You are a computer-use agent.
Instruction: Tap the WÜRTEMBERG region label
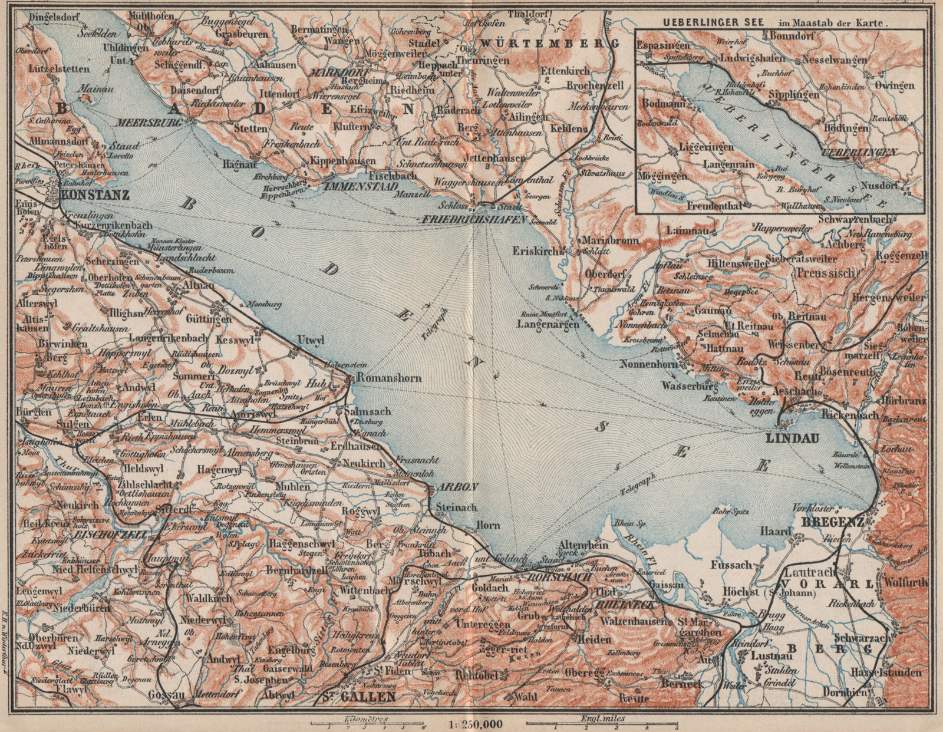coord(549,43)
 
